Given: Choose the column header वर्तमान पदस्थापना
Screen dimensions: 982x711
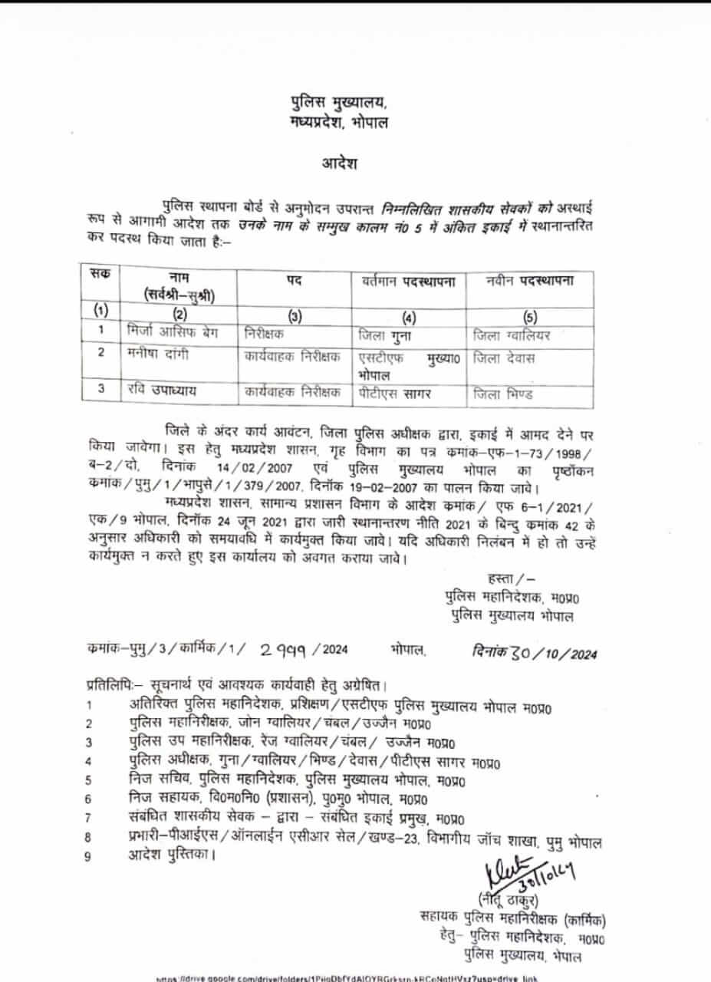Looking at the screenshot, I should [x=408, y=281].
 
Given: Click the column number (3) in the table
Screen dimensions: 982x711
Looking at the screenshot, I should [x=295, y=315].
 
